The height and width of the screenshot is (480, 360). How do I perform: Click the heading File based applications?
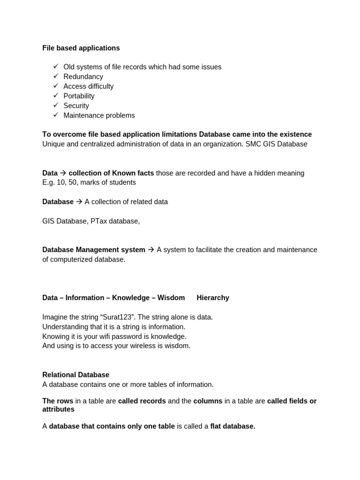coord(81,48)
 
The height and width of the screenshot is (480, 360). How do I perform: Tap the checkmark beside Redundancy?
coord(56,76)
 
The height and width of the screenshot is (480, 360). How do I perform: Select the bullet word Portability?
coord(79,96)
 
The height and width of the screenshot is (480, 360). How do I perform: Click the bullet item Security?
coord(76,106)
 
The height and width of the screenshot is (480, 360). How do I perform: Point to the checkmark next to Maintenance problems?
coord(56,115)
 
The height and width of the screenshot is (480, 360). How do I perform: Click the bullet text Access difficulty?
coord(89,86)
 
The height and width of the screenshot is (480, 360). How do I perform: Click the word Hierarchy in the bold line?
coord(213,298)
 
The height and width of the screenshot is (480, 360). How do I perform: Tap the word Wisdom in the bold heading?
coord(171,298)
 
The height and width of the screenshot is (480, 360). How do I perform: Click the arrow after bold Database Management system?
coord(151,250)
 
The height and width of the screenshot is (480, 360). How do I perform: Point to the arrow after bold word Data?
coord(63,173)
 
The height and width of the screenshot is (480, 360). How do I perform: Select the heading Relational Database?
coord(75,375)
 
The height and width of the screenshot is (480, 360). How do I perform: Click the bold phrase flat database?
coord(232,426)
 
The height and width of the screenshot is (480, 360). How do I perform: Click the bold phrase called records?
coord(142,401)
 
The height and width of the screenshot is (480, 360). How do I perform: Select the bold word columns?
coord(208,401)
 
